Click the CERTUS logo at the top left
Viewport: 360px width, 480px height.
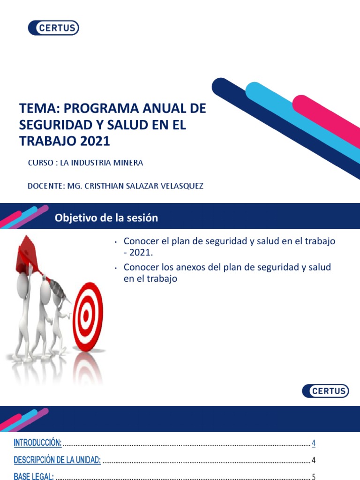pyautogui.click(x=53, y=28)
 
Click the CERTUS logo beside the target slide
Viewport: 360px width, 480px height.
pyautogui.click(x=325, y=390)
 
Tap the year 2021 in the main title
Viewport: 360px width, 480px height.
pyautogui.click(x=95, y=141)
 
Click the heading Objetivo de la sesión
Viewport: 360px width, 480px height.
pyautogui.click(x=106, y=218)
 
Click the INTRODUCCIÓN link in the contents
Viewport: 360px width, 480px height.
pyautogui.click(x=37, y=442)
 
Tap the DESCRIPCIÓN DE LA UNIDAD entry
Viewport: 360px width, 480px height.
pyautogui.click(x=57, y=460)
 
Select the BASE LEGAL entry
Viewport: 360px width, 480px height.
pyautogui.click(x=34, y=477)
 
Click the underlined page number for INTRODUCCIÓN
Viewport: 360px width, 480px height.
pyautogui.click(x=314, y=443)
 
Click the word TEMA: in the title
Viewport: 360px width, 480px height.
pyautogui.click(x=39, y=109)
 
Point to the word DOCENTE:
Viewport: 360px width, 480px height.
pyautogui.click(x=45, y=186)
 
